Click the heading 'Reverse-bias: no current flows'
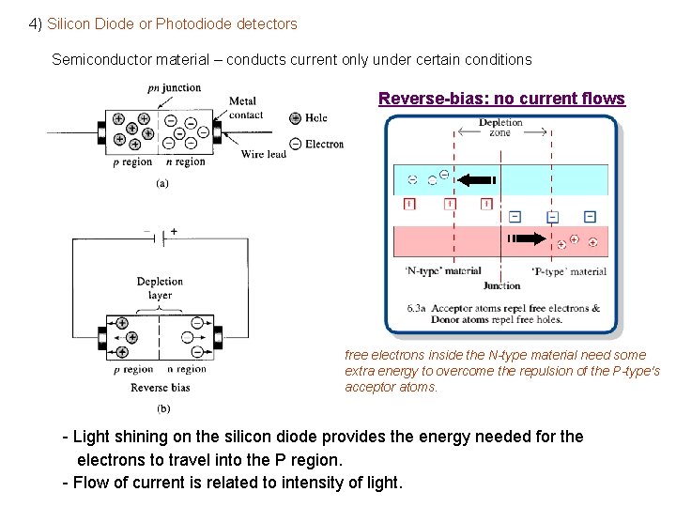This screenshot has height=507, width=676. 501,99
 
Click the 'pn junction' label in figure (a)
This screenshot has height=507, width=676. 174,87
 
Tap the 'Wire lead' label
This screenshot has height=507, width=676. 263,154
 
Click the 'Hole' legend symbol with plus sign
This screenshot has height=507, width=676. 296,118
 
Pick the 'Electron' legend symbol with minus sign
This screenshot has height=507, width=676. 296,144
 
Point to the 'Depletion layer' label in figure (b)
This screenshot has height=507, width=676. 160,287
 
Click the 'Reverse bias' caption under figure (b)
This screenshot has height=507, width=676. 160,387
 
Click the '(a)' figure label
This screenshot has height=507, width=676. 161,184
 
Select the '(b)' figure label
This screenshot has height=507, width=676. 161,407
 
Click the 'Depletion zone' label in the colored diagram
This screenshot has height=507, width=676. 500,128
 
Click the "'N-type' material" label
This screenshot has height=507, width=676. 442,271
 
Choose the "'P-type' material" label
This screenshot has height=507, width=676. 569,271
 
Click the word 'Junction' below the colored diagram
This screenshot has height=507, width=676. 501,285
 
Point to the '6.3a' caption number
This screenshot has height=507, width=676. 417,308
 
